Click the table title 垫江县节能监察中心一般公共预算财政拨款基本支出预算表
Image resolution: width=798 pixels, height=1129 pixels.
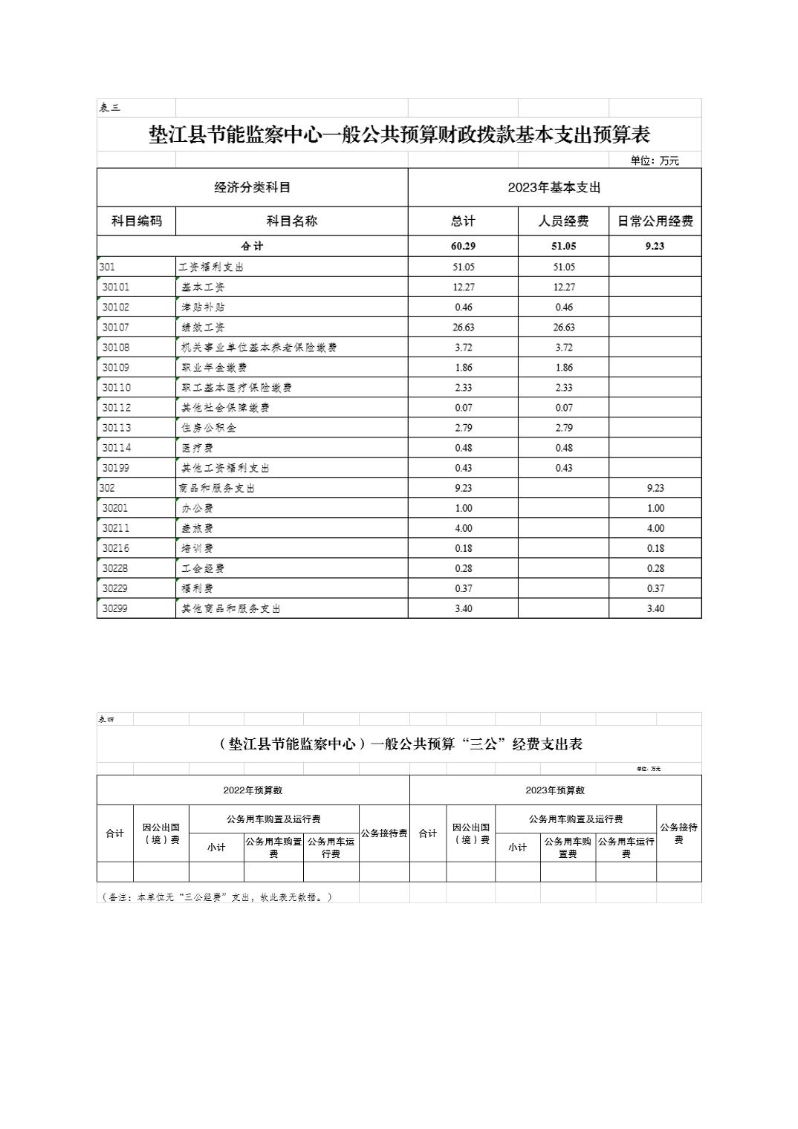coord(399,135)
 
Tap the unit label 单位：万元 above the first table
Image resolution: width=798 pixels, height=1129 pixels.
coord(654,160)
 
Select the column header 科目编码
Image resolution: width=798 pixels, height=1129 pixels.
coord(136,221)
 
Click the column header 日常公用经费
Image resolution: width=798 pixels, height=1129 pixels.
coord(655,221)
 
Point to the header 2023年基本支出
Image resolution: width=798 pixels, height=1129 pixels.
coord(554,188)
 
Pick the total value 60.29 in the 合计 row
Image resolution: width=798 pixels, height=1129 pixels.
coord(462,247)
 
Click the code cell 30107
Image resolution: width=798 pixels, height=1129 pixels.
coord(116,328)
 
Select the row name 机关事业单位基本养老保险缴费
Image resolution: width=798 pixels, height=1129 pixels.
coord(259,348)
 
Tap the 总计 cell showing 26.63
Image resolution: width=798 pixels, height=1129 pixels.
coord(462,328)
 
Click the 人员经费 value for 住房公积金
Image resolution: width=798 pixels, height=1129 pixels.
coord(563,428)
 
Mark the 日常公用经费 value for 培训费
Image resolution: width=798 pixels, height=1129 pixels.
coord(655,548)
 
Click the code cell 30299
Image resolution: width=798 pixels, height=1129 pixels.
coord(116,608)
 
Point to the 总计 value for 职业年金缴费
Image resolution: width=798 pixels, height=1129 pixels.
coord(462,368)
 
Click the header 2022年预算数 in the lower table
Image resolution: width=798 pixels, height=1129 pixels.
coord(253,790)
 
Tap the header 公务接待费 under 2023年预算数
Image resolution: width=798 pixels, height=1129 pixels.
coord(678,833)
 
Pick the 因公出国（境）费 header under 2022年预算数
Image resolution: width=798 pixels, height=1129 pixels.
coord(161,833)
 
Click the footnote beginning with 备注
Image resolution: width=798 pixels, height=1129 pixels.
coord(216,897)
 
